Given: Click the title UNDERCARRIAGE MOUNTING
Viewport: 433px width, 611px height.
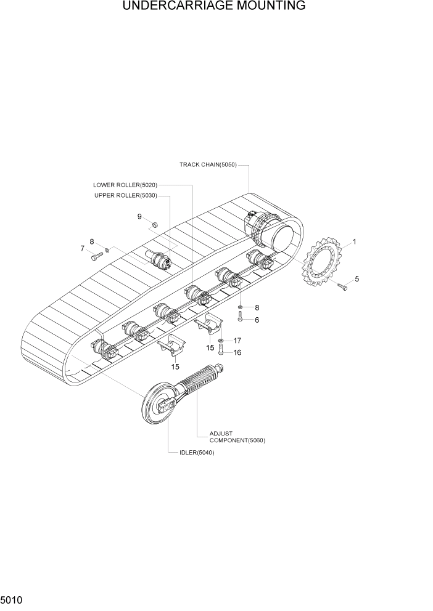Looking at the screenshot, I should (x=214, y=6).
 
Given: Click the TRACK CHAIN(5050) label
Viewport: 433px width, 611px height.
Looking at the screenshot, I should (x=208, y=164).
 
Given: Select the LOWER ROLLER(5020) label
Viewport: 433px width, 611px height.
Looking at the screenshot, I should (x=125, y=185).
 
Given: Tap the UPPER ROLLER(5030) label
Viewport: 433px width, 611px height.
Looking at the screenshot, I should (x=126, y=196).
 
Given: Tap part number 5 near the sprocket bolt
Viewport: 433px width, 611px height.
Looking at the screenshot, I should (x=357, y=278).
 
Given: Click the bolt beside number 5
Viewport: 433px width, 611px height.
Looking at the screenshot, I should (x=343, y=285).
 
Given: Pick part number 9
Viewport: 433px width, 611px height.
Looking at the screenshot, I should (x=139, y=216).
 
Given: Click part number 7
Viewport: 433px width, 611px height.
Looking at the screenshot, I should (x=82, y=248).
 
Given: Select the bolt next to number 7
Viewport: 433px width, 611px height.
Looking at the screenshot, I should (x=96, y=256).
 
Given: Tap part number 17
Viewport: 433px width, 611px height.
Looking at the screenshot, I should (x=237, y=341).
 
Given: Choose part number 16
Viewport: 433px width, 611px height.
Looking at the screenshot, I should (x=237, y=352).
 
